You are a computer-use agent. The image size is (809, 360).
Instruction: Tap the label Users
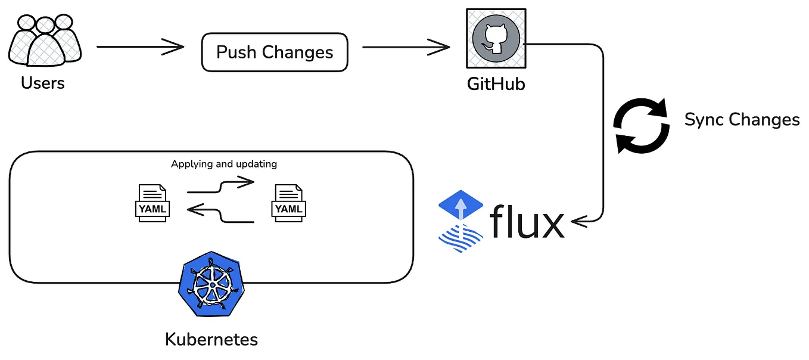tap(42, 82)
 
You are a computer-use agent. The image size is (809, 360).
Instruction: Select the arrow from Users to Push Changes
tap(140, 46)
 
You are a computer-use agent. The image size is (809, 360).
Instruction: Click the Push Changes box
tap(274, 52)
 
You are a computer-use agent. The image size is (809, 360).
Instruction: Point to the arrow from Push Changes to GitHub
tap(405, 46)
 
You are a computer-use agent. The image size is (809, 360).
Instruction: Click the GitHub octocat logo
tap(496, 38)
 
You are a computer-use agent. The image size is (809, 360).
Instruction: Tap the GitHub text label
tap(496, 83)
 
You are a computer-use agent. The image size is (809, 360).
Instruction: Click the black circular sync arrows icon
tap(641, 126)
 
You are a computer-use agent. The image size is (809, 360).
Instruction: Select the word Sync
tap(705, 120)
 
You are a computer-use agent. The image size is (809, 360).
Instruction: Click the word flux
tap(527, 222)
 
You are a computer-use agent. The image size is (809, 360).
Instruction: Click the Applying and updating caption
tap(224, 164)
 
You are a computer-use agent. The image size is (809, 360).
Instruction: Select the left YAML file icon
tap(153, 203)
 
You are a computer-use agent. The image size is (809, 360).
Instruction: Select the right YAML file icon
tap(288, 203)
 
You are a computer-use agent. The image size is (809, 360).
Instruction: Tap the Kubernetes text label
tap(211, 340)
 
